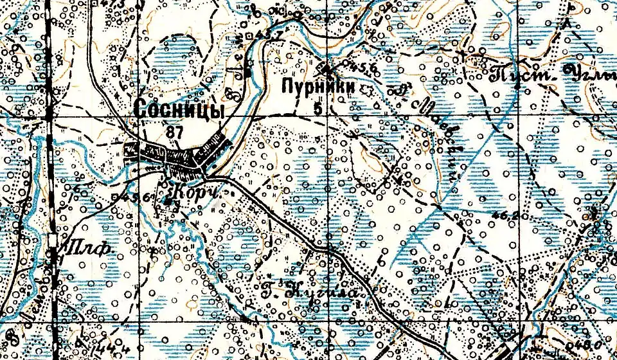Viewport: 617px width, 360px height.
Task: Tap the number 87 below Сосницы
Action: tap(174, 133)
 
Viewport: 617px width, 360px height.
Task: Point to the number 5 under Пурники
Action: tap(317, 108)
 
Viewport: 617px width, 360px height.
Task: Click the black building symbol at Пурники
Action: tap(327, 69)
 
